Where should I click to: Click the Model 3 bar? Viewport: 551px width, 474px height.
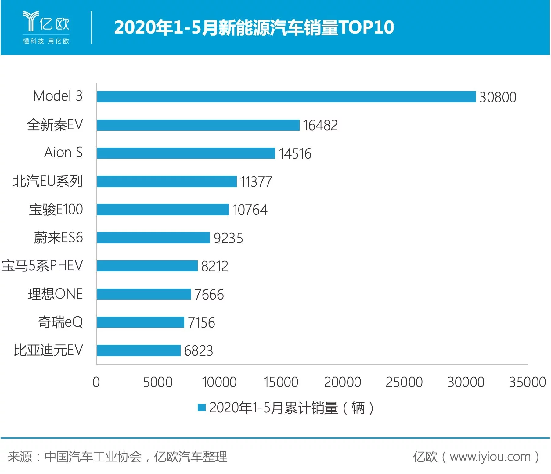point(286,97)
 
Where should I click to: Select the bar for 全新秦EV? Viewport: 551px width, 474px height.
point(198,125)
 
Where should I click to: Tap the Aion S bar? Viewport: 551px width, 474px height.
point(186,153)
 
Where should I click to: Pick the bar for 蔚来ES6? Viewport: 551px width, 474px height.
point(153,238)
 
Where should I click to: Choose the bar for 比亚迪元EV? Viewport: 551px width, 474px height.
point(139,350)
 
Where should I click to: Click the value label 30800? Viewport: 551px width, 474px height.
point(498,97)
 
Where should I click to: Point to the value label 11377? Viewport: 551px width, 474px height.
point(256,182)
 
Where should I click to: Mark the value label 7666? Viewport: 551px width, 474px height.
point(209,295)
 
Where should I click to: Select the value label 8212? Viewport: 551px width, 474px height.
point(214,266)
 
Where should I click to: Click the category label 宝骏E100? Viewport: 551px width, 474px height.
point(56,210)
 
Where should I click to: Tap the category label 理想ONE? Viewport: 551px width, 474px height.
point(55,294)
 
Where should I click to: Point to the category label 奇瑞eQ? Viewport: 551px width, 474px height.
point(60,322)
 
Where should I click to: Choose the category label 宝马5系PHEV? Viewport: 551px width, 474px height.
point(42,266)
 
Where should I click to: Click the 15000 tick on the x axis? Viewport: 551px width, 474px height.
point(281,382)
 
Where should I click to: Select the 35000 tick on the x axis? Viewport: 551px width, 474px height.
point(527,382)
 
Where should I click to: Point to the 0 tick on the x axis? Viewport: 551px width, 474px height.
point(96,382)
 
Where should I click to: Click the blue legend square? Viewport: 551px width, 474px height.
point(202,408)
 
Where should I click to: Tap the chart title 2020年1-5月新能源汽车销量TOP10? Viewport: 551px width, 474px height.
point(254,27)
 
